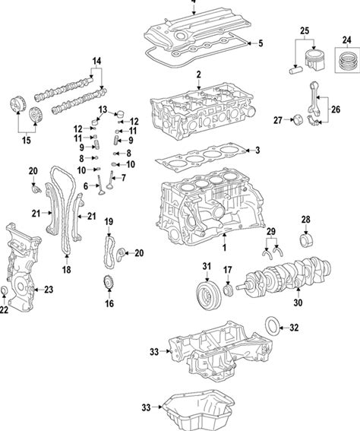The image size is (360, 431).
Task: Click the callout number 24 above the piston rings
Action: [347, 40]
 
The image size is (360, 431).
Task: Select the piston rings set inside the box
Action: [348, 61]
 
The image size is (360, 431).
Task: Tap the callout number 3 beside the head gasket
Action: [257, 151]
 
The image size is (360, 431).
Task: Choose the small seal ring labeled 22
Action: [4, 290]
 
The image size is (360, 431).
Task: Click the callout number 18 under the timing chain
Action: [66, 270]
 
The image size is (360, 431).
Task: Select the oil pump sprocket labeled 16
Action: [109, 283]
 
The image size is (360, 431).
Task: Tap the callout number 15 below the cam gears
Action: [27, 141]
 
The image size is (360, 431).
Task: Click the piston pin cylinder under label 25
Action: [295, 69]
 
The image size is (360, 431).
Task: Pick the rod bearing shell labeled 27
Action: [298, 121]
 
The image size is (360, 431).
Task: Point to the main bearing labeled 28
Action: [306, 241]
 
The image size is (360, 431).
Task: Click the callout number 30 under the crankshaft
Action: [298, 303]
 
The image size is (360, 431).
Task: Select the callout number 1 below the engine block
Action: [224, 247]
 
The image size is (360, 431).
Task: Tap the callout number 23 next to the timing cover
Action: [49, 290]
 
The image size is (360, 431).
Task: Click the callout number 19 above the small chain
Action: [109, 221]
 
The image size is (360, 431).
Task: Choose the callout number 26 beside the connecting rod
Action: [336, 109]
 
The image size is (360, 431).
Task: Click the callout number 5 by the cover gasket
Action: [260, 43]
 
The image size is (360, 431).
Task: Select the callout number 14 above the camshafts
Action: [96, 61]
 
